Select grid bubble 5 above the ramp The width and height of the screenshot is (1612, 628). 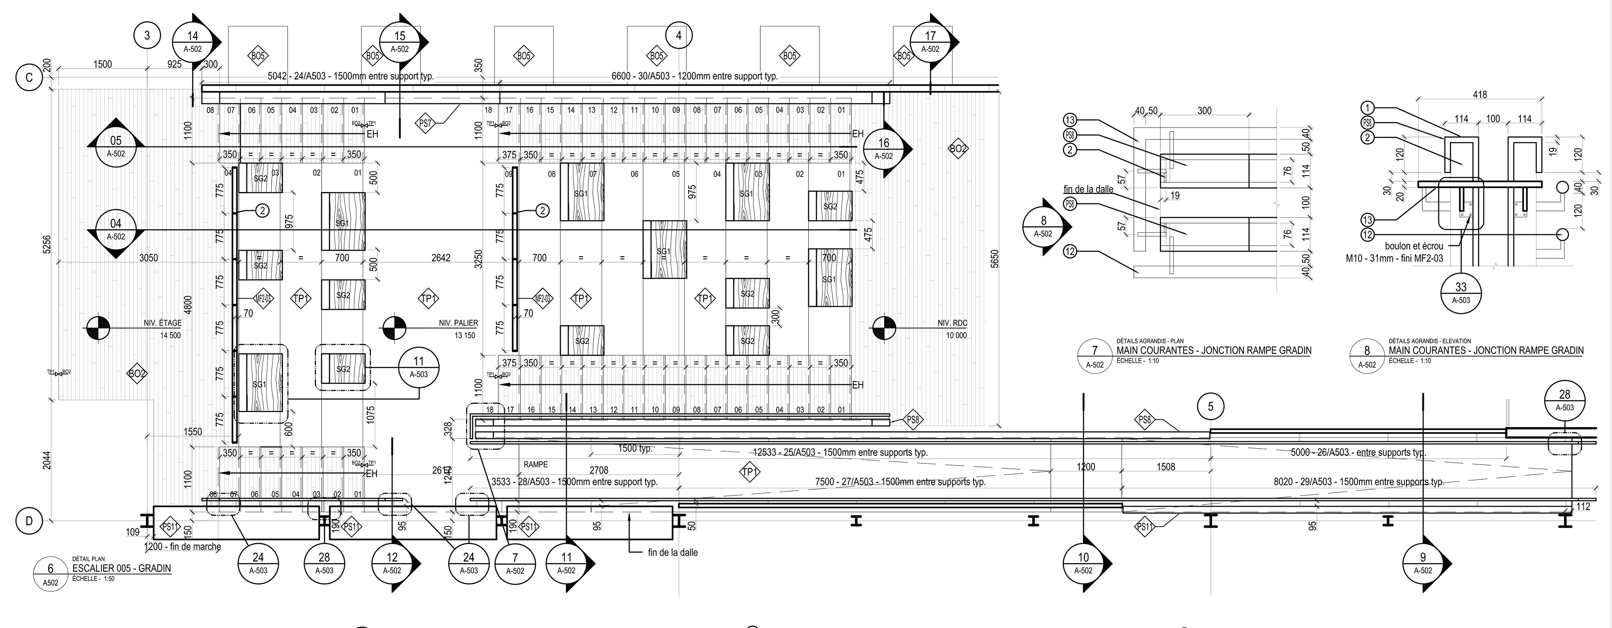pyautogui.click(x=1210, y=407)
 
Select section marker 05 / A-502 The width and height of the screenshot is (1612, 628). pyautogui.click(x=116, y=147)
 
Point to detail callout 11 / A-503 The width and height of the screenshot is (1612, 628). pyautogui.click(x=419, y=367)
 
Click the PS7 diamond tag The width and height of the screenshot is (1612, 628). pyautogui.click(x=426, y=123)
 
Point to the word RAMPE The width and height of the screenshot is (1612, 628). pyautogui.click(x=536, y=465)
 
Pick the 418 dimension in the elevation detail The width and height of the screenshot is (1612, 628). pyautogui.click(x=1479, y=95)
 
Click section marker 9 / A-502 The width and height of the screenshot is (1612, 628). pyautogui.click(x=1423, y=563)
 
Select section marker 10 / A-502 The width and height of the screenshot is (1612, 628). pyautogui.click(x=1083, y=563)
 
